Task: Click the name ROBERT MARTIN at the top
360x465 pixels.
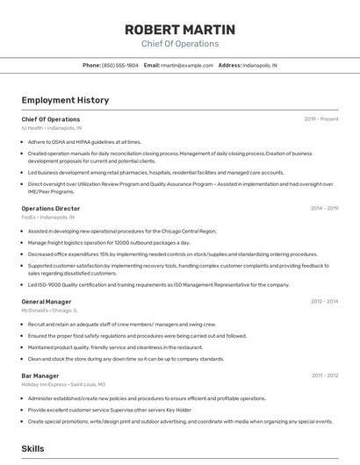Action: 180,29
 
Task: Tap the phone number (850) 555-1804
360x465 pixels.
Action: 119,65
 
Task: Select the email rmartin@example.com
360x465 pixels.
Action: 187,65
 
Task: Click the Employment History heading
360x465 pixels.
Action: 65,100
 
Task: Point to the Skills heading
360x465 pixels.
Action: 32,448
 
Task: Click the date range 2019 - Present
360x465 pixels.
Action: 321,118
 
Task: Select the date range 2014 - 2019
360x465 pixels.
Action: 324,208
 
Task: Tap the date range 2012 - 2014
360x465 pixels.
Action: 324,301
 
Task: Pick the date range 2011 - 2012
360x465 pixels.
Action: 325,376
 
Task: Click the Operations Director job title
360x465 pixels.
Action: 51,208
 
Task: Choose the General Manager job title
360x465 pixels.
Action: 47,301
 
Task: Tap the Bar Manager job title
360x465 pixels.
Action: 41,376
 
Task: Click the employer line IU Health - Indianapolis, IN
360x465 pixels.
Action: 52,127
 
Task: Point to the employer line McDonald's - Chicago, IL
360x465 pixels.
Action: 50,310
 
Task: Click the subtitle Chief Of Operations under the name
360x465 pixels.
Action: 180,43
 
